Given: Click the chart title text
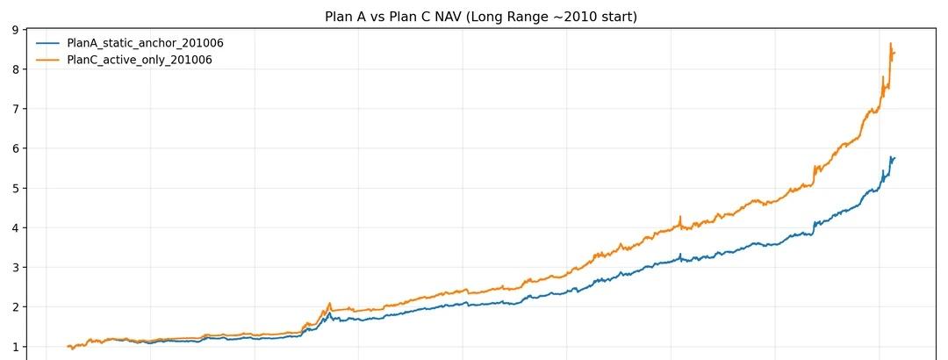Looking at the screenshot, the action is click(x=481, y=17).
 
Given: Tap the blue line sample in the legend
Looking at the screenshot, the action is click(x=47, y=43).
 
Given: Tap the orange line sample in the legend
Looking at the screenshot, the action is click(x=47, y=60).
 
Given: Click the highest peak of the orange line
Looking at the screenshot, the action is click(x=891, y=44).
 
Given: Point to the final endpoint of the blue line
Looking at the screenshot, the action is click(x=894, y=157).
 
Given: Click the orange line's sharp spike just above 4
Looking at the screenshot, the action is click(x=680, y=217).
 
